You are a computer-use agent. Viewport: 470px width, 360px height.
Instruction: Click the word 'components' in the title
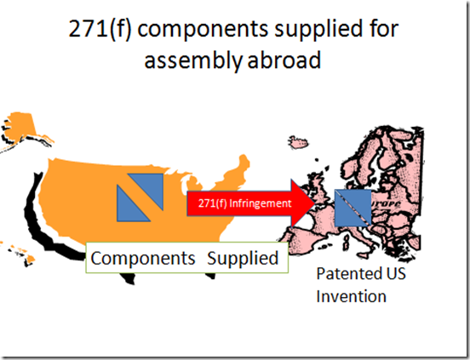click(x=203, y=30)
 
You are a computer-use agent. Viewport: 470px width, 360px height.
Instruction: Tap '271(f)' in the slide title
click(x=100, y=29)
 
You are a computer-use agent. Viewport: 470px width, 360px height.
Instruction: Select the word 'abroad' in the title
click(x=284, y=60)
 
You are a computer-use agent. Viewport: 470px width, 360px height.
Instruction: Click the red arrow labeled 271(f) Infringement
click(x=250, y=203)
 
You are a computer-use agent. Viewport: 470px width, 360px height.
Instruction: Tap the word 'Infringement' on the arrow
click(x=261, y=203)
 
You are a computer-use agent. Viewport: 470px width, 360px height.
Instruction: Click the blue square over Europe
click(x=352, y=208)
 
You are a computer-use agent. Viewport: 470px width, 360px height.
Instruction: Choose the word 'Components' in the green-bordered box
click(x=143, y=258)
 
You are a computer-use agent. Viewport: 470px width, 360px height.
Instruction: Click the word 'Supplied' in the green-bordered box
click(x=243, y=258)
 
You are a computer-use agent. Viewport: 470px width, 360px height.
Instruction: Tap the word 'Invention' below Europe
click(x=352, y=296)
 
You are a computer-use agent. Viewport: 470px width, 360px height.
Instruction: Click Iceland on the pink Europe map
click(x=299, y=142)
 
